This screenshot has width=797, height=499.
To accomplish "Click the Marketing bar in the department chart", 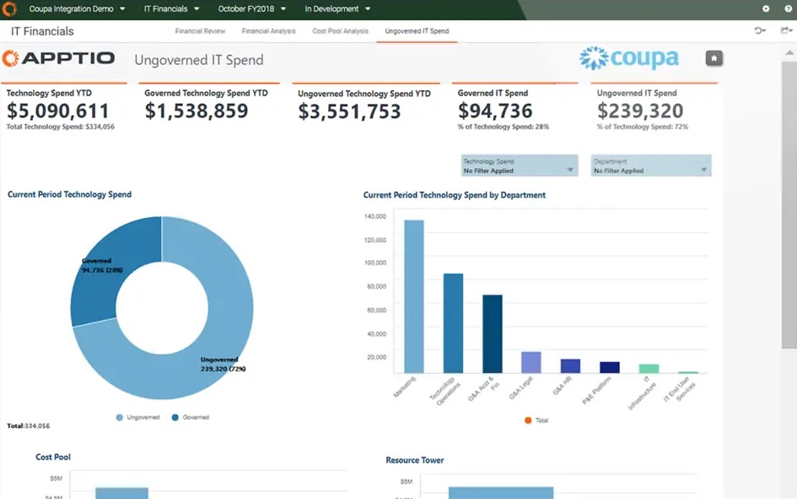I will pos(413,296).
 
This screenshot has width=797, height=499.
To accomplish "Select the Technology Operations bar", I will pos(453,323).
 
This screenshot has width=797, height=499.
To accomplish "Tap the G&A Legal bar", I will pos(530,362).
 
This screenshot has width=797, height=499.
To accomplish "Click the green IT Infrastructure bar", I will pos(649,368).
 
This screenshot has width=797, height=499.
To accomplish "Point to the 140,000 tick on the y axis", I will pos(374,216).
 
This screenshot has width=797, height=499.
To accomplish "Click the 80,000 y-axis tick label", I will pos(376,286).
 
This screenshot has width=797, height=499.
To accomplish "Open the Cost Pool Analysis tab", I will pos(340,31).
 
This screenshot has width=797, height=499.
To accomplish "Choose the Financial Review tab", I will pos(200,31).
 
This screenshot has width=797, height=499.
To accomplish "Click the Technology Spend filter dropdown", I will pos(519,165).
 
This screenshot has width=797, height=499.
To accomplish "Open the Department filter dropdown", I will pos(651,165).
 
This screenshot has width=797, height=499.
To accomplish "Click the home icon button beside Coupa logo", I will pos(714,58).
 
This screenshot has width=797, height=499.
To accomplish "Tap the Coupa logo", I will pos(629,58).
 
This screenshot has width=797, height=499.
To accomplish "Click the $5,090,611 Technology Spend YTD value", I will pos(58,111).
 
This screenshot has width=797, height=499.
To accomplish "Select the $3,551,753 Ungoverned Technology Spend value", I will pos(349,111).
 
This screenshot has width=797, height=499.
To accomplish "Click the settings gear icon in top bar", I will pos(766,9).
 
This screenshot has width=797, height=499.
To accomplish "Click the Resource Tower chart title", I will pos(414,460).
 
